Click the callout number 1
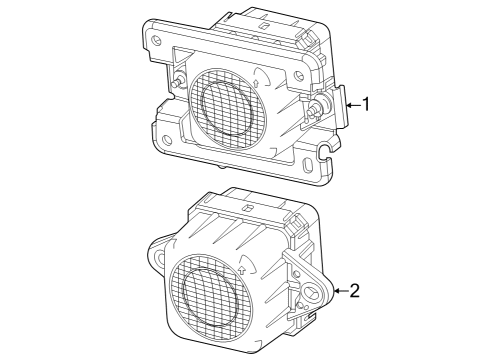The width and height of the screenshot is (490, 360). click(367, 104)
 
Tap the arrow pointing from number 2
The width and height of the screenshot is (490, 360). click(341, 291)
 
